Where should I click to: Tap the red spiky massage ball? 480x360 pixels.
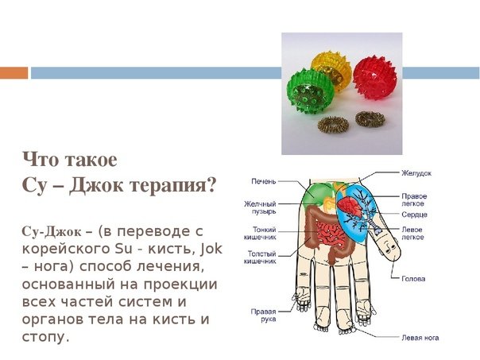375,77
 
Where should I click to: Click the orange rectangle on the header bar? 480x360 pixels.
14,73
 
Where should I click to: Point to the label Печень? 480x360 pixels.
264,181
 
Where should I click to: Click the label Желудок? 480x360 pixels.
416,173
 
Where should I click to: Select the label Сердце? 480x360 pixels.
414,215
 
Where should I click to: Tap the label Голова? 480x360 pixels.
413,279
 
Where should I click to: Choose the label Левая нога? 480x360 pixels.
420,338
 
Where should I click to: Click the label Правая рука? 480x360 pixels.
264,315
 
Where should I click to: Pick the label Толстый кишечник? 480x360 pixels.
260,257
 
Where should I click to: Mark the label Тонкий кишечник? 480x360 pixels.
260,234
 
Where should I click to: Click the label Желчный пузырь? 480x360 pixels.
260,207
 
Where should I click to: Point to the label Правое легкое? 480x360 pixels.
414,200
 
